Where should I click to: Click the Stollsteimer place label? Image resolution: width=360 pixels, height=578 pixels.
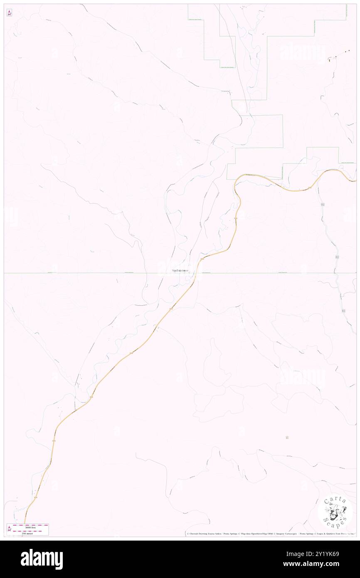tap(180, 271)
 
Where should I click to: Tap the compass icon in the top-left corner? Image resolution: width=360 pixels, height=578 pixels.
tap(9, 13)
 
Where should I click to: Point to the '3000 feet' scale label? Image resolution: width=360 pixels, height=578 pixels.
tap(28, 526)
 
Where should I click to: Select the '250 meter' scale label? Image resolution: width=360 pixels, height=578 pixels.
tap(28, 533)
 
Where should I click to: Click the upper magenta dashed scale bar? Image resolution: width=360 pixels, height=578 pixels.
tap(30, 524)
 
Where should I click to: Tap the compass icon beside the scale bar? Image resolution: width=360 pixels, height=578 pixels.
tap(9, 529)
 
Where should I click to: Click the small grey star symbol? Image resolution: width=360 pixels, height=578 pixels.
tap(287, 437)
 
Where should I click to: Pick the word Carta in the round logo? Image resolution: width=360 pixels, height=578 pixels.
tap(335, 499)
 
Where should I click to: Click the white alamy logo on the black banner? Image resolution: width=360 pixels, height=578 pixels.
tap(42, 559)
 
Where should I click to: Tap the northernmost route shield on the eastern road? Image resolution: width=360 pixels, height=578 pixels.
tap(323, 205)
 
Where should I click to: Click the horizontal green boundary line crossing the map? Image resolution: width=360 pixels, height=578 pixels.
tap(83, 273)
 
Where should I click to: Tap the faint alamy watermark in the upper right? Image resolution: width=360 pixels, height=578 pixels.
tap(302, 53)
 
